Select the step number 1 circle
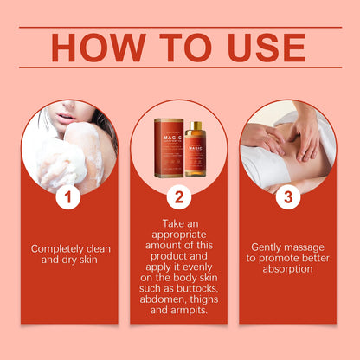pyautogui.click(x=69, y=197)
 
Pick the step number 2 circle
pyautogui.click(x=179, y=197)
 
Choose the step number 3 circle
pyautogui.click(x=289, y=197)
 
